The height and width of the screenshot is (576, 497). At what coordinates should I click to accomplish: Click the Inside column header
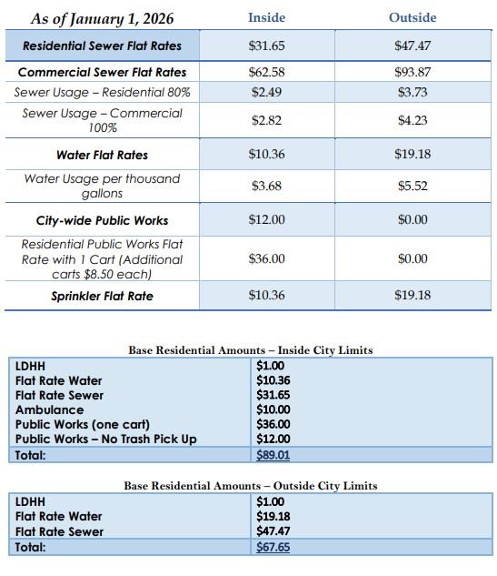click(266, 17)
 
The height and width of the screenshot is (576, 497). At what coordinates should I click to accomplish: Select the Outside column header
click(413, 17)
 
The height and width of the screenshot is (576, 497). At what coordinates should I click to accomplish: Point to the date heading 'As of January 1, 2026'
click(102, 18)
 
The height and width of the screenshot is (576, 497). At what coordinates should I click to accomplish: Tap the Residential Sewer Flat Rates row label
click(102, 45)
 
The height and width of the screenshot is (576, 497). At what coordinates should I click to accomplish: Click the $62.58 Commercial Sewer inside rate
click(266, 72)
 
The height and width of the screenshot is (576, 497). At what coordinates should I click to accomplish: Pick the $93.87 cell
click(413, 72)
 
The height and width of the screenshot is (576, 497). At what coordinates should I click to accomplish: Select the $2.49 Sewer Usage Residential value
click(266, 92)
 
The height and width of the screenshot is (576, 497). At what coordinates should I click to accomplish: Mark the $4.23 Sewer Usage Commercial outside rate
click(413, 120)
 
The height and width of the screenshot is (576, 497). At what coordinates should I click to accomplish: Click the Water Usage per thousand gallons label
click(102, 186)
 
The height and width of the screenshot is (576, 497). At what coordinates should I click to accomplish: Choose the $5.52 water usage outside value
click(413, 186)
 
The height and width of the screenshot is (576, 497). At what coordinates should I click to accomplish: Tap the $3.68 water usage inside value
click(266, 186)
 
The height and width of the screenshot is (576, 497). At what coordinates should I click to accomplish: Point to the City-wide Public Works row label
click(102, 220)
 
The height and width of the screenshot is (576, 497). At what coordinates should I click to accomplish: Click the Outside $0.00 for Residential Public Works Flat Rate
click(413, 259)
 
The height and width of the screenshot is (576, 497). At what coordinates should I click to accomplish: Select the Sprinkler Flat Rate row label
click(102, 296)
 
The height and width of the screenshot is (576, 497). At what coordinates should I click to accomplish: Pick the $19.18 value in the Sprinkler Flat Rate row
click(413, 296)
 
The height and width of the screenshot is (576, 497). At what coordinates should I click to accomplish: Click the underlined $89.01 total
click(273, 454)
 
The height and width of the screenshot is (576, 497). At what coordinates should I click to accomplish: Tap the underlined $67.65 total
click(273, 547)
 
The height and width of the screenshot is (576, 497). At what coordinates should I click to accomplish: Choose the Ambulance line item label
click(49, 410)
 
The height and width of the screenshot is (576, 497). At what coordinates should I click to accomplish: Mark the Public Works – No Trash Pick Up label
click(105, 440)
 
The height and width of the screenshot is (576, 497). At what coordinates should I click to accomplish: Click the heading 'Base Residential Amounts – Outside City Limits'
click(250, 486)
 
